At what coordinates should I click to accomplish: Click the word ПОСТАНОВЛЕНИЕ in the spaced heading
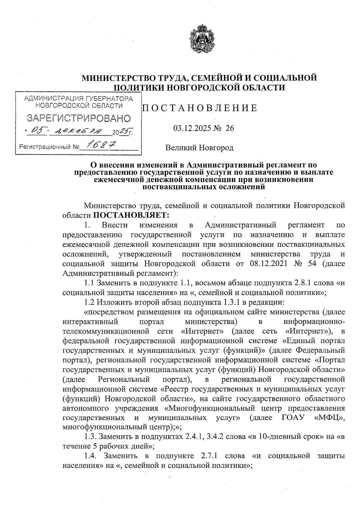click(x=199, y=108)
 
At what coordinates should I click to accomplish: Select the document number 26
click(x=229, y=128)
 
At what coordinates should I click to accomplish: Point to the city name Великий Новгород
click(x=199, y=148)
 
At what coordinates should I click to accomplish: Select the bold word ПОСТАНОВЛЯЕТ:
click(x=131, y=215)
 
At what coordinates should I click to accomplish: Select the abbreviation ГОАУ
click(x=292, y=418)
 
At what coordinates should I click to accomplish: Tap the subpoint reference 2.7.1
click(x=208, y=456)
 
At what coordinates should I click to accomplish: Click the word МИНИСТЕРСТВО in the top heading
click(x=116, y=78)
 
